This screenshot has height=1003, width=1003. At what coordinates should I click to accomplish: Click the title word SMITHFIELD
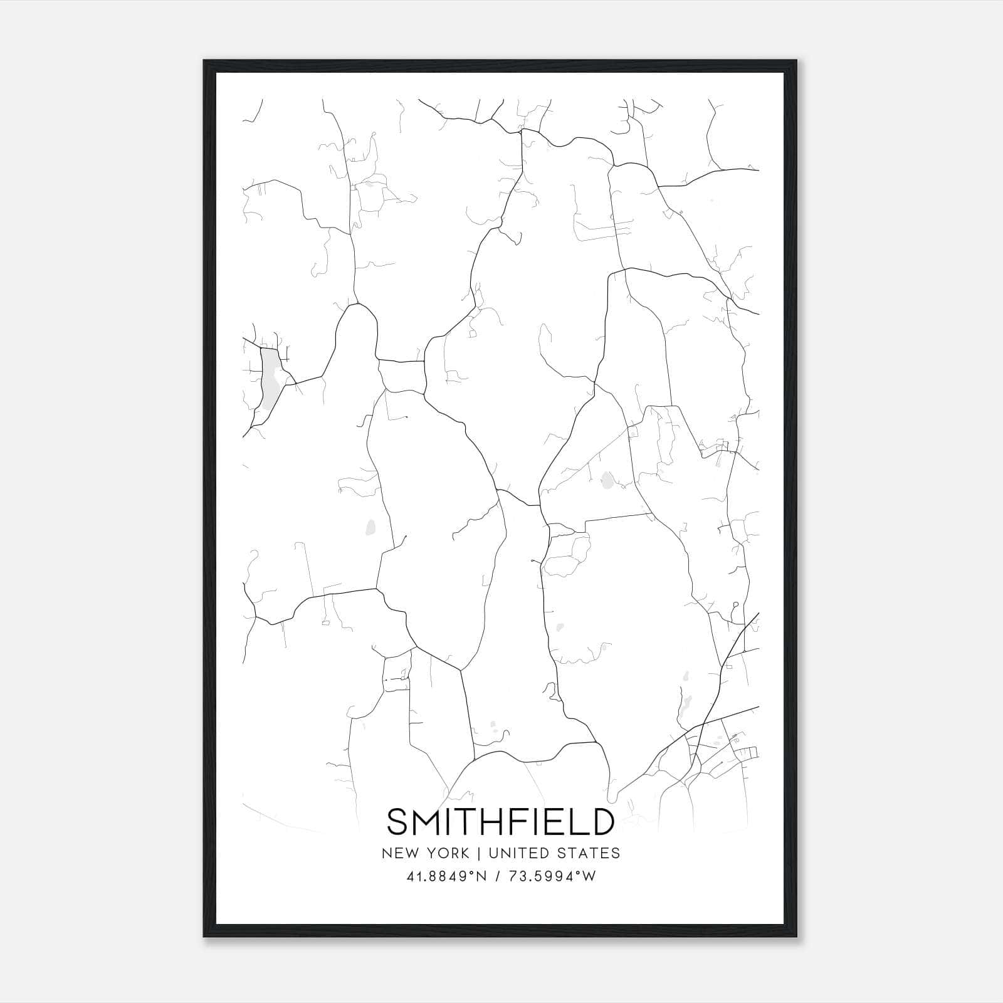500,822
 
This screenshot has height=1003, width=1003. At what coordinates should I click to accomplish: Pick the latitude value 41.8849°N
446,876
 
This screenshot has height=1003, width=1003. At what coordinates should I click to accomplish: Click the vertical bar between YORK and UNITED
479,853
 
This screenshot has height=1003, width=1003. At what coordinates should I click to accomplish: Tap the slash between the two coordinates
498,876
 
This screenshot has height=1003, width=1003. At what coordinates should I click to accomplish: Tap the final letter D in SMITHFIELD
601,822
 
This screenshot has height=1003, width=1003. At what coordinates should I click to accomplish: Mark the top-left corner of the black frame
204,61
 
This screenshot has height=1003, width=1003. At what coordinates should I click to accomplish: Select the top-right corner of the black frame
796,61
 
